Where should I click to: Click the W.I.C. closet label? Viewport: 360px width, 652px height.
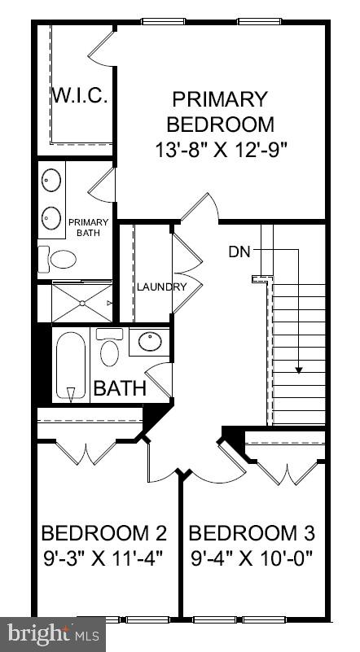pyautogui.click(x=81, y=95)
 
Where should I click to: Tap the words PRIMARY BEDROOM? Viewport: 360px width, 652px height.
pyautogui.click(x=220, y=112)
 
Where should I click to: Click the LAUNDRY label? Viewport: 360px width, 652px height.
pyautogui.click(x=161, y=287)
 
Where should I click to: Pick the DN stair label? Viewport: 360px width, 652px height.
pyautogui.click(x=239, y=251)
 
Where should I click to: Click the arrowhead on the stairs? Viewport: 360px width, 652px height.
pyautogui.click(x=299, y=370)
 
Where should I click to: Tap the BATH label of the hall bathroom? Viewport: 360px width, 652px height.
pyautogui.click(x=120, y=388)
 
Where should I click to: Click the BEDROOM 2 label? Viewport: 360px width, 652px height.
pyautogui.click(x=103, y=533)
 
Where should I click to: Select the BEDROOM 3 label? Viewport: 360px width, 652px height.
pyautogui.click(x=252, y=533)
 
